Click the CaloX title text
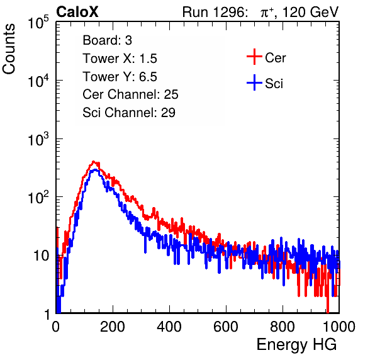(77, 12)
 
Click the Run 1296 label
(215, 12)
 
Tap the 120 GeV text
(311, 12)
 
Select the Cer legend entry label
(275, 58)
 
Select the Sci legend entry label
(274, 84)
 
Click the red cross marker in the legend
(254, 57)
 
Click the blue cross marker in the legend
(254, 82)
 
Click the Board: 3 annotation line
(108, 40)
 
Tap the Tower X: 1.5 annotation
(120, 59)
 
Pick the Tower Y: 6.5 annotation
(120, 77)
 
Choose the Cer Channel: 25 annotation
(130, 94)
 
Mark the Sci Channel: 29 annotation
(129, 113)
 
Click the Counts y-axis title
(9, 49)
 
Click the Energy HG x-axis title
(296, 345)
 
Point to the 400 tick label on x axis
(169, 327)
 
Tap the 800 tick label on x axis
(283, 327)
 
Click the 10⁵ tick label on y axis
(38, 23)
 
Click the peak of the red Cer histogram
(93, 162)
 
